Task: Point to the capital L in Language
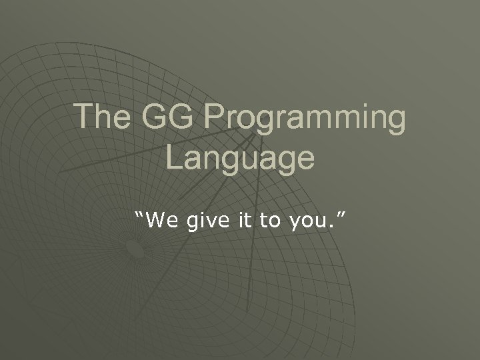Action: [x=173, y=157]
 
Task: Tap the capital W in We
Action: [x=155, y=221]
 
